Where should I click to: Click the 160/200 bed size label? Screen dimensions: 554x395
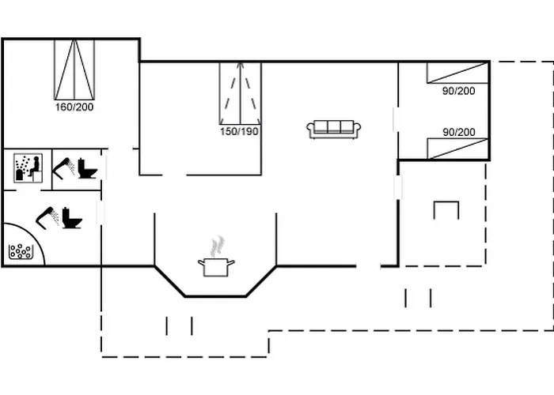click(x=74, y=107)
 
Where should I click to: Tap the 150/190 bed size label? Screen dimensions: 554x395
click(x=239, y=132)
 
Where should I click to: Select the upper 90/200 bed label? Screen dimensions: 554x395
click(x=458, y=91)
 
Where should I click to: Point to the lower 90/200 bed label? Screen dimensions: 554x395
click(x=459, y=132)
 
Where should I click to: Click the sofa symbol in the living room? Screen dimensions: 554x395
click(x=333, y=129)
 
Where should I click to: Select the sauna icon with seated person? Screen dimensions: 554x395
click(x=28, y=167)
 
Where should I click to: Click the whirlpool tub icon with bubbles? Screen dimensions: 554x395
click(x=21, y=251)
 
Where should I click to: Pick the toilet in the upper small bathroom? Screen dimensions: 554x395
click(x=87, y=168)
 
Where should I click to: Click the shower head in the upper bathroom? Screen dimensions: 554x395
click(x=63, y=168)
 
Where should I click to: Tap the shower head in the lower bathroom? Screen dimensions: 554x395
click(x=47, y=217)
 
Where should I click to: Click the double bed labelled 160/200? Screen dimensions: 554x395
click(x=74, y=70)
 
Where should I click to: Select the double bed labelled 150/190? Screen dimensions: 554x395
click(x=241, y=93)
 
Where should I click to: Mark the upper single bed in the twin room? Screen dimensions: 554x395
click(x=457, y=73)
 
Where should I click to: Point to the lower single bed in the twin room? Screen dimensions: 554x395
click(x=457, y=149)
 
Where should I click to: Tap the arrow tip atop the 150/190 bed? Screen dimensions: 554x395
click(x=241, y=63)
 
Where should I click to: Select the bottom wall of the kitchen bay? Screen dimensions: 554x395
click(x=215, y=296)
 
